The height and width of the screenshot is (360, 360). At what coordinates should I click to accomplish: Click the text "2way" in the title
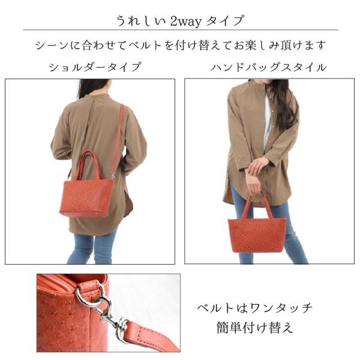pos(185,22)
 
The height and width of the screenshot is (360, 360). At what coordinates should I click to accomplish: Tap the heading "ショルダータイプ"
pos(95,67)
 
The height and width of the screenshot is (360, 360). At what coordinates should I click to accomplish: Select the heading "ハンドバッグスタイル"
pos(268,67)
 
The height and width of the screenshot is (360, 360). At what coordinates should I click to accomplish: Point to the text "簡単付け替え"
pos(254,328)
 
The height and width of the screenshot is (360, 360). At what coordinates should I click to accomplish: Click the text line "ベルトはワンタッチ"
pos(254,308)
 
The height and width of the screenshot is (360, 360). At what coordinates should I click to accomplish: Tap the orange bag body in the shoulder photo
pos(86,198)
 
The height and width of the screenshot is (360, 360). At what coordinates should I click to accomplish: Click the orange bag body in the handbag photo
pos(257,235)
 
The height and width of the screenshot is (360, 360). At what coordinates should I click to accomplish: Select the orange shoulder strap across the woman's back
pos(118,138)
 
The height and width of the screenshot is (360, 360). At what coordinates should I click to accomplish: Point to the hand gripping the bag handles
pos(254,183)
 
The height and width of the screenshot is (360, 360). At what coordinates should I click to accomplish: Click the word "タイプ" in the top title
pos(224,21)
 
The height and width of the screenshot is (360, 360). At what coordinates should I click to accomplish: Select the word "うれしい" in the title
pos(141,21)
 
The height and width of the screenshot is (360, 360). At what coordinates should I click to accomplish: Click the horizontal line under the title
pos(181,30)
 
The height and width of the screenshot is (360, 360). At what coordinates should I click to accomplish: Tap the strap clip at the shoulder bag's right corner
pos(113,175)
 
